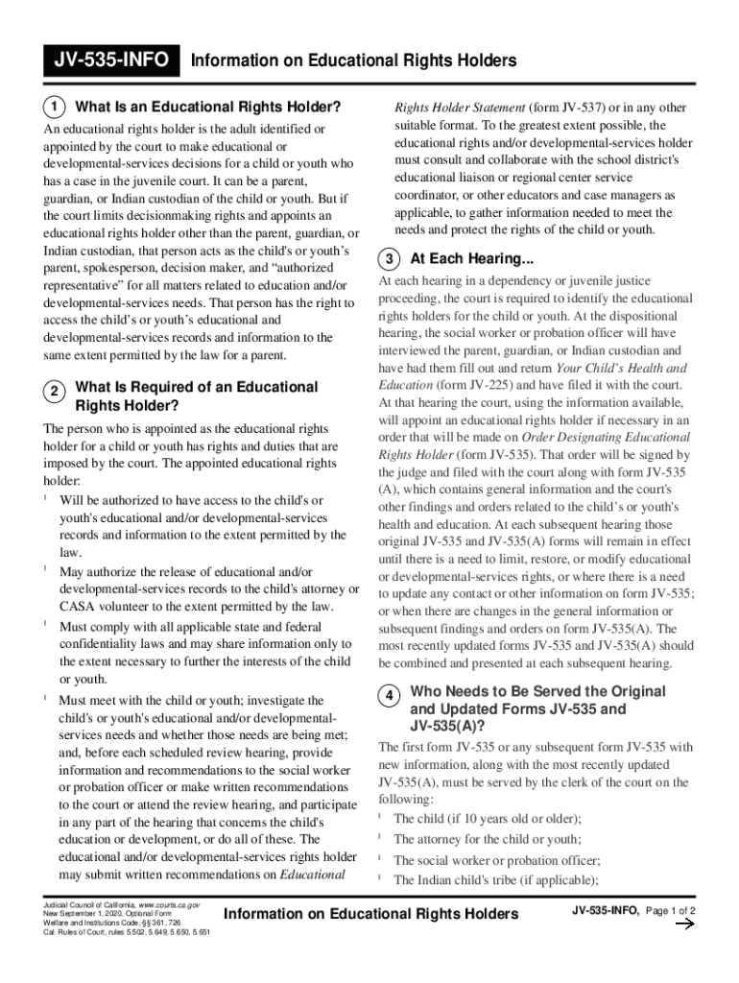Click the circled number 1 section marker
pos(56,106)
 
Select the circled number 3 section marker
pos(390,259)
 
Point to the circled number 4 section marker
pos(390,696)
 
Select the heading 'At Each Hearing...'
pos(471,259)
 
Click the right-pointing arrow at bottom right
pos(685,924)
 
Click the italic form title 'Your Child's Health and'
pos(621,368)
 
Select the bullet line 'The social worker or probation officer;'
pos(496,860)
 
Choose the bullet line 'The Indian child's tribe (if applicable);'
pos(496,879)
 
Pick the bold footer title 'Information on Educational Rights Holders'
pos(370,914)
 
